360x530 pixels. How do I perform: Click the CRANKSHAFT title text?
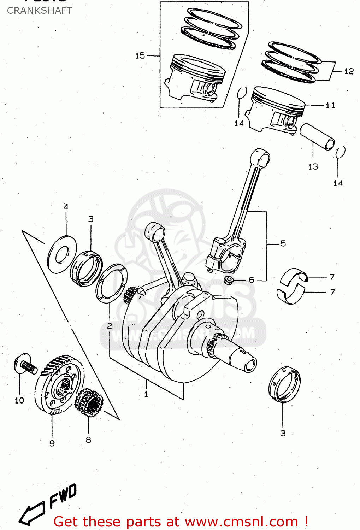pyautogui.click(x=40, y=11)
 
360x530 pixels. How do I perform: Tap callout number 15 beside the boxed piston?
pyautogui.click(x=140, y=55)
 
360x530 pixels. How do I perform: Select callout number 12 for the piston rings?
pyautogui.click(x=349, y=71)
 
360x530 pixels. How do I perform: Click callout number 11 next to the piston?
pyautogui.click(x=330, y=105)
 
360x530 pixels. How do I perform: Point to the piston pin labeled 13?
pyautogui.click(x=317, y=136)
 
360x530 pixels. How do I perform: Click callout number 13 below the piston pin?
pyautogui.click(x=313, y=166)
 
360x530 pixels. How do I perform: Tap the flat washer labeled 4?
pyautogui.click(x=62, y=254)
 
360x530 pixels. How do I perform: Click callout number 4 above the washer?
pyautogui.click(x=66, y=207)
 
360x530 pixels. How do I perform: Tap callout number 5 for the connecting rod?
pyautogui.click(x=283, y=243)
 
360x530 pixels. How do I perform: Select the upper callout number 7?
pyautogui.click(x=332, y=277)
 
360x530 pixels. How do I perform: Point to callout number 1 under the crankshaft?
pyautogui.click(x=146, y=394)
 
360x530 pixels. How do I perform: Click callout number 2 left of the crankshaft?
pyautogui.click(x=110, y=325)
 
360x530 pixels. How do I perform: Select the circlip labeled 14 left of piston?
pyautogui.click(x=242, y=93)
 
